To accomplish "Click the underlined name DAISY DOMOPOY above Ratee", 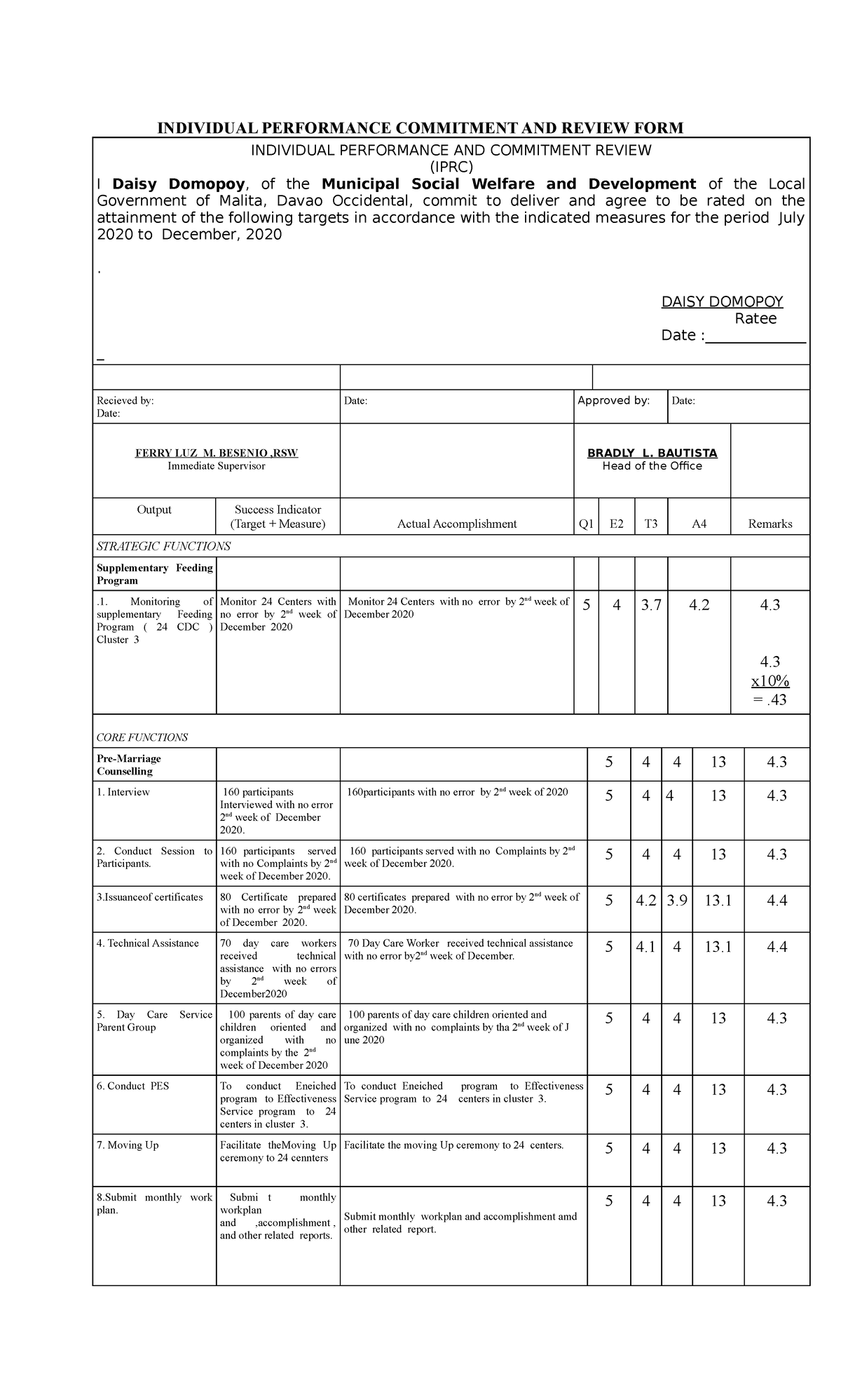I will tap(722, 302).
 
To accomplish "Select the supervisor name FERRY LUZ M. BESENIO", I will tap(216, 453).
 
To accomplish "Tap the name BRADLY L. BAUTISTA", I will tap(652, 453).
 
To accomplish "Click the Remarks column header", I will tap(770, 524).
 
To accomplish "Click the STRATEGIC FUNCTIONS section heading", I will tap(163, 546).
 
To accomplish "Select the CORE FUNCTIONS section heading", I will tap(142, 737).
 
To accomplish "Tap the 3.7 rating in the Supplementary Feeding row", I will tap(651, 605).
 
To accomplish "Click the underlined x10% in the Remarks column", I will tap(770, 681).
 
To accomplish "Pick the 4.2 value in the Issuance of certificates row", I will tap(645, 901).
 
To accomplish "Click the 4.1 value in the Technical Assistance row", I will tap(645, 947).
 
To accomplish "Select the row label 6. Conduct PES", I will tap(132, 1086).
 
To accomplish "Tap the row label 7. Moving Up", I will tap(128, 1145).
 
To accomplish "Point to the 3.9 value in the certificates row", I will tap(677, 901).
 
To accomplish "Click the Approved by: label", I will tap(613, 400).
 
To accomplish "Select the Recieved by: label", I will tap(125, 401).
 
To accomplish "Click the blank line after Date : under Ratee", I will tap(755, 336).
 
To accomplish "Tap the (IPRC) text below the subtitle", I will tap(451, 167).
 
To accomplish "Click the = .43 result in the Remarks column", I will tap(770, 700).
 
